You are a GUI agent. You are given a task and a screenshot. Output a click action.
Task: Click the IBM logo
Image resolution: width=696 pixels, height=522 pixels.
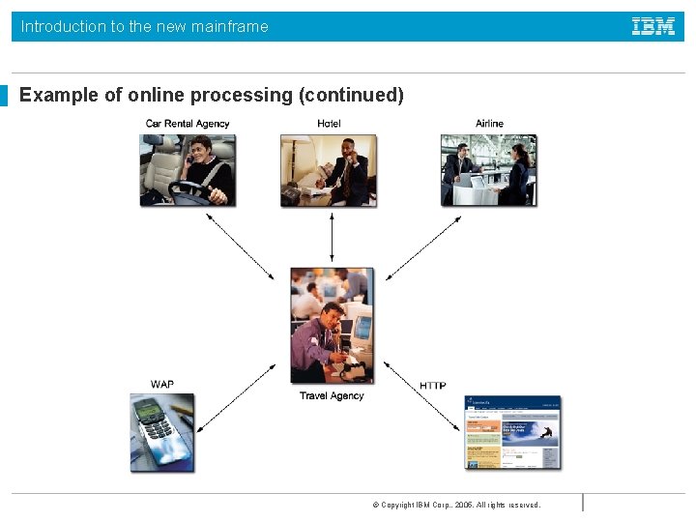tap(653, 26)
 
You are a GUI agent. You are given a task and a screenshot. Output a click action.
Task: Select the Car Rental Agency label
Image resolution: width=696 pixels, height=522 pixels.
tap(188, 124)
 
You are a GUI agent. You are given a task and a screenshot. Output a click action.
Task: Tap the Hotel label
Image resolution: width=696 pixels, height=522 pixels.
tap(329, 124)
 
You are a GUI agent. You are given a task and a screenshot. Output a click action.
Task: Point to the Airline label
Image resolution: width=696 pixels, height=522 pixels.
tap(489, 124)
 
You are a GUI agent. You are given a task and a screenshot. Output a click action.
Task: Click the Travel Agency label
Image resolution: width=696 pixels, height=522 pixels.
tap(332, 395)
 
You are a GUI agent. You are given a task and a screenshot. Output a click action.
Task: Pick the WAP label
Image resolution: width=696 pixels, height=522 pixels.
tap(162, 385)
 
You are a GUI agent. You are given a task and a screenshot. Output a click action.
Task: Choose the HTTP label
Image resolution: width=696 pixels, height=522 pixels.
tap(433, 386)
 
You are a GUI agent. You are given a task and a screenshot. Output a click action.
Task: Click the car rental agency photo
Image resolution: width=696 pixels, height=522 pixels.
tap(188, 170)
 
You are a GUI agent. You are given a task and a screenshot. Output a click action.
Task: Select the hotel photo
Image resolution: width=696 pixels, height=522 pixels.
tap(329, 170)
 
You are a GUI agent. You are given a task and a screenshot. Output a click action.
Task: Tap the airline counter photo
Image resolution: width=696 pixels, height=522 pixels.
tap(488, 170)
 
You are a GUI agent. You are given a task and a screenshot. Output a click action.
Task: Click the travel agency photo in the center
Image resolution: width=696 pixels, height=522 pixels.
tap(332, 326)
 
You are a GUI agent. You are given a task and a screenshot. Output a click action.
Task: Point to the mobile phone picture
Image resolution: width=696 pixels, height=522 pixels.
tap(162, 432)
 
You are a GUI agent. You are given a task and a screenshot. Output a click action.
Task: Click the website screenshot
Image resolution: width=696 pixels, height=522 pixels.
tap(512, 432)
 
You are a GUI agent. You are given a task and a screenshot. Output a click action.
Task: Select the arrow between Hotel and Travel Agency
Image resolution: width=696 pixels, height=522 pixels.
tap(332, 237)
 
